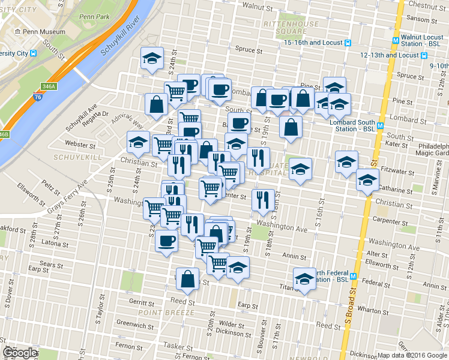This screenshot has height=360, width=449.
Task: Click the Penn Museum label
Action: (x=42, y=31)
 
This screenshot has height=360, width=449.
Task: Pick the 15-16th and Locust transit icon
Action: (x=348, y=43)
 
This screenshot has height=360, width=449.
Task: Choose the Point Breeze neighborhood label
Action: (x=166, y=313)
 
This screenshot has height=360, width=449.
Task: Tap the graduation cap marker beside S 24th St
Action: (x=152, y=59)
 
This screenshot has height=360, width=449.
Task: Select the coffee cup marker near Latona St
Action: (x=166, y=241)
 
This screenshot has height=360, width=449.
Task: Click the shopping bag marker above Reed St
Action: (x=187, y=278)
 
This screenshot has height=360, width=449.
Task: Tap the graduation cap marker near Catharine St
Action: (x=367, y=181)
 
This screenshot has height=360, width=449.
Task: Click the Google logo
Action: (x=20, y=353)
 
